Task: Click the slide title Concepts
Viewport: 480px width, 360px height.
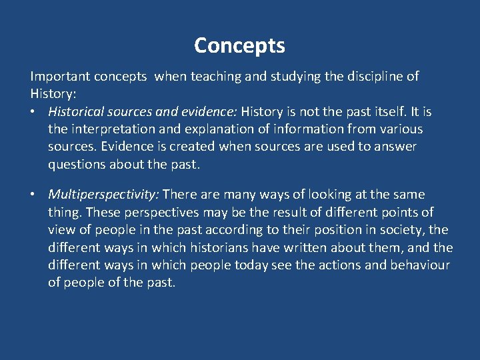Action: (239, 45)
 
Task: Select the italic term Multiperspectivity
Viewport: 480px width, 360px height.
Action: (103, 195)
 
